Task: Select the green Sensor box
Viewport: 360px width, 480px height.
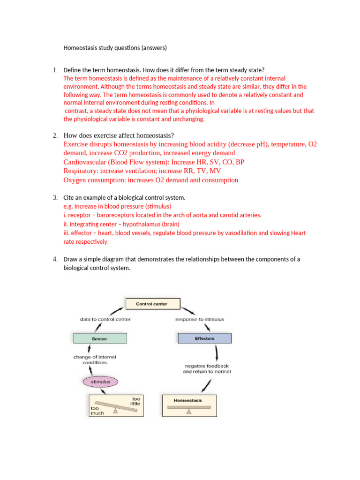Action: pos(100,338)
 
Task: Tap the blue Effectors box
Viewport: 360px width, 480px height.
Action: pos(204,338)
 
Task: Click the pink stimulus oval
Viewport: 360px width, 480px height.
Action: pos(101,382)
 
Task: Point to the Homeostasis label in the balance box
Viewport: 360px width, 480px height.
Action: pos(187,401)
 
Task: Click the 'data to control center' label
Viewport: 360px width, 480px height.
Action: pos(105,319)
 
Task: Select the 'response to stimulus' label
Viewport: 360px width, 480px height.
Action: pos(200,319)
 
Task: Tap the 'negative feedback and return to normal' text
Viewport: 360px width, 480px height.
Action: pos(207,368)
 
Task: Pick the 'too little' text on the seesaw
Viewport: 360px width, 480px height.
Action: pos(135,401)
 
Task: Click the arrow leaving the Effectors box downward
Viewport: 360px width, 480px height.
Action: pos(217,352)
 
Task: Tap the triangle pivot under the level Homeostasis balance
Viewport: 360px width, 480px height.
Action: pos(188,412)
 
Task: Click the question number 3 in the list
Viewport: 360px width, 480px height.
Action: pos(55,198)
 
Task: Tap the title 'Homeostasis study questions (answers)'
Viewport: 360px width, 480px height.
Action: pos(115,48)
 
